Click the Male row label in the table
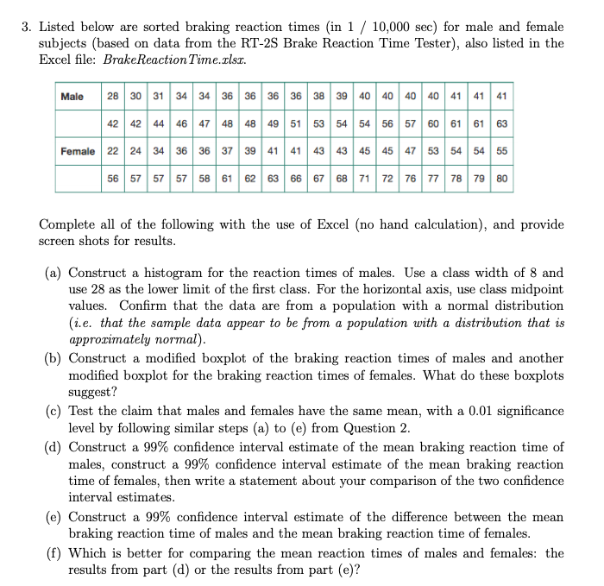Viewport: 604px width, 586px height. click(x=72, y=96)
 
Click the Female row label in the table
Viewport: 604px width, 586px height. click(x=77, y=151)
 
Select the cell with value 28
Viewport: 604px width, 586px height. click(x=114, y=96)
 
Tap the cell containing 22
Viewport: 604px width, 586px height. click(x=114, y=151)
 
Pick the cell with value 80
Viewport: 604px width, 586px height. click(x=501, y=180)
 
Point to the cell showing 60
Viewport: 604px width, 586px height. click(x=434, y=123)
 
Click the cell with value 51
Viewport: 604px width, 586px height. click(x=294, y=123)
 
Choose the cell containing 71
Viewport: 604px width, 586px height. click(x=362, y=180)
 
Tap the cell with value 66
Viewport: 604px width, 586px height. click(x=294, y=180)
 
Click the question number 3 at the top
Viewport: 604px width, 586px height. click(x=26, y=27)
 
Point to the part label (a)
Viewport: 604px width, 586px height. click(x=53, y=272)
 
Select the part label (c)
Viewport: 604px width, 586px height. click(x=53, y=410)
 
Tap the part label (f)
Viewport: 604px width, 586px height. click(x=53, y=553)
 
